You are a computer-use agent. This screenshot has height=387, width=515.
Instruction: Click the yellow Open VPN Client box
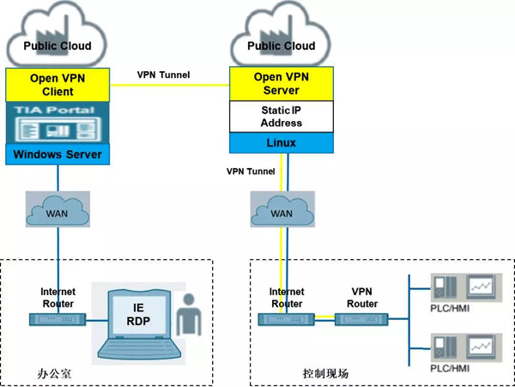58,84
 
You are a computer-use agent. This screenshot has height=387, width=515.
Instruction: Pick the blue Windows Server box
58,154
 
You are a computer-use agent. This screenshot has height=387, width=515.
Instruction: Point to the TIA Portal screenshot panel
58,124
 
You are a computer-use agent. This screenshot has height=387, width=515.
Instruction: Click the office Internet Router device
58,319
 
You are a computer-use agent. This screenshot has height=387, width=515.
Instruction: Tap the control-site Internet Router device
285,319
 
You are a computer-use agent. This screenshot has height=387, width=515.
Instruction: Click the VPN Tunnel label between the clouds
164,75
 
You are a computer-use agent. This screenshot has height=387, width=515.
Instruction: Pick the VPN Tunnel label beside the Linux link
251,172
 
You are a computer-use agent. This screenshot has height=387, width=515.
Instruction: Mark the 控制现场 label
325,373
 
